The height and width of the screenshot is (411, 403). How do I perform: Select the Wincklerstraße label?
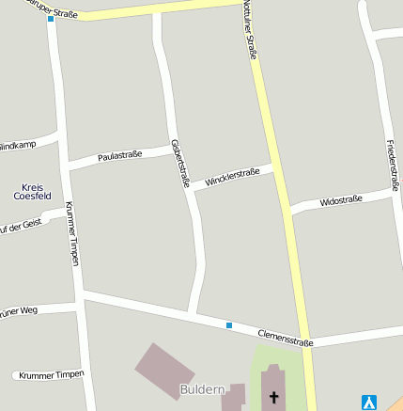[x=232, y=176]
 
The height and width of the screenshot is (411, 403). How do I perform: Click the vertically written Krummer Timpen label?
[x=73, y=234]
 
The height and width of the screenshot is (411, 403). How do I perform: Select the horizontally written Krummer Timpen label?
[x=51, y=374]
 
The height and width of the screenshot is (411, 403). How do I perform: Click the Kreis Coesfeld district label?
[x=32, y=193]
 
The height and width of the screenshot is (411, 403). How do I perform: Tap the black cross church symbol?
[x=274, y=398]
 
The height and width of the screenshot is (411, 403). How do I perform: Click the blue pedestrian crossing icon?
[x=370, y=402]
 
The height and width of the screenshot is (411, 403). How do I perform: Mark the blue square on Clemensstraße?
[x=228, y=325]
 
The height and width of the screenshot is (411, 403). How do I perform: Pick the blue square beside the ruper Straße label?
[x=51, y=19]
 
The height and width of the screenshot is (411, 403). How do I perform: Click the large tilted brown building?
[x=164, y=369]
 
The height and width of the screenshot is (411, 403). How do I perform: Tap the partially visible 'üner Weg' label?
[x=19, y=309]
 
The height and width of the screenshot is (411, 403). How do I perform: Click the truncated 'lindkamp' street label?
[x=18, y=147]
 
